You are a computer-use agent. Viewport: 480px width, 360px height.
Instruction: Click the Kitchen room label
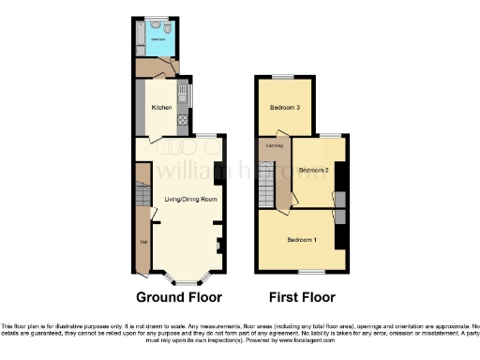pyautogui.click(x=161, y=108)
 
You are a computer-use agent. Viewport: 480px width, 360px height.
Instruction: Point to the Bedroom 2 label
pyautogui.click(x=313, y=171)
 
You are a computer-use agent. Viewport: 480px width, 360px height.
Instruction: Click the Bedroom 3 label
pyautogui.click(x=285, y=108)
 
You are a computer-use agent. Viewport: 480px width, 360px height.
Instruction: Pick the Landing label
pyautogui.click(x=275, y=145)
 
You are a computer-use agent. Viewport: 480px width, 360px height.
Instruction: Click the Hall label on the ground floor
pyautogui.click(x=143, y=243)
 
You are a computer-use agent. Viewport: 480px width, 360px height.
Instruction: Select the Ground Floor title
pyautogui.click(x=179, y=298)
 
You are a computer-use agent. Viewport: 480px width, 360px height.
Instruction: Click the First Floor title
pyautogui.click(x=301, y=298)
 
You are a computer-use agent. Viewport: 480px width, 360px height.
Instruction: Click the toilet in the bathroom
pyautogui.click(x=166, y=30)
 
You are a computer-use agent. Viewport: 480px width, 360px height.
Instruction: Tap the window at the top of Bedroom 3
pyautogui.click(x=284, y=76)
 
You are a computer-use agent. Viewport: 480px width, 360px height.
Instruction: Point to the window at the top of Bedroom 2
pyautogui.click(x=331, y=137)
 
